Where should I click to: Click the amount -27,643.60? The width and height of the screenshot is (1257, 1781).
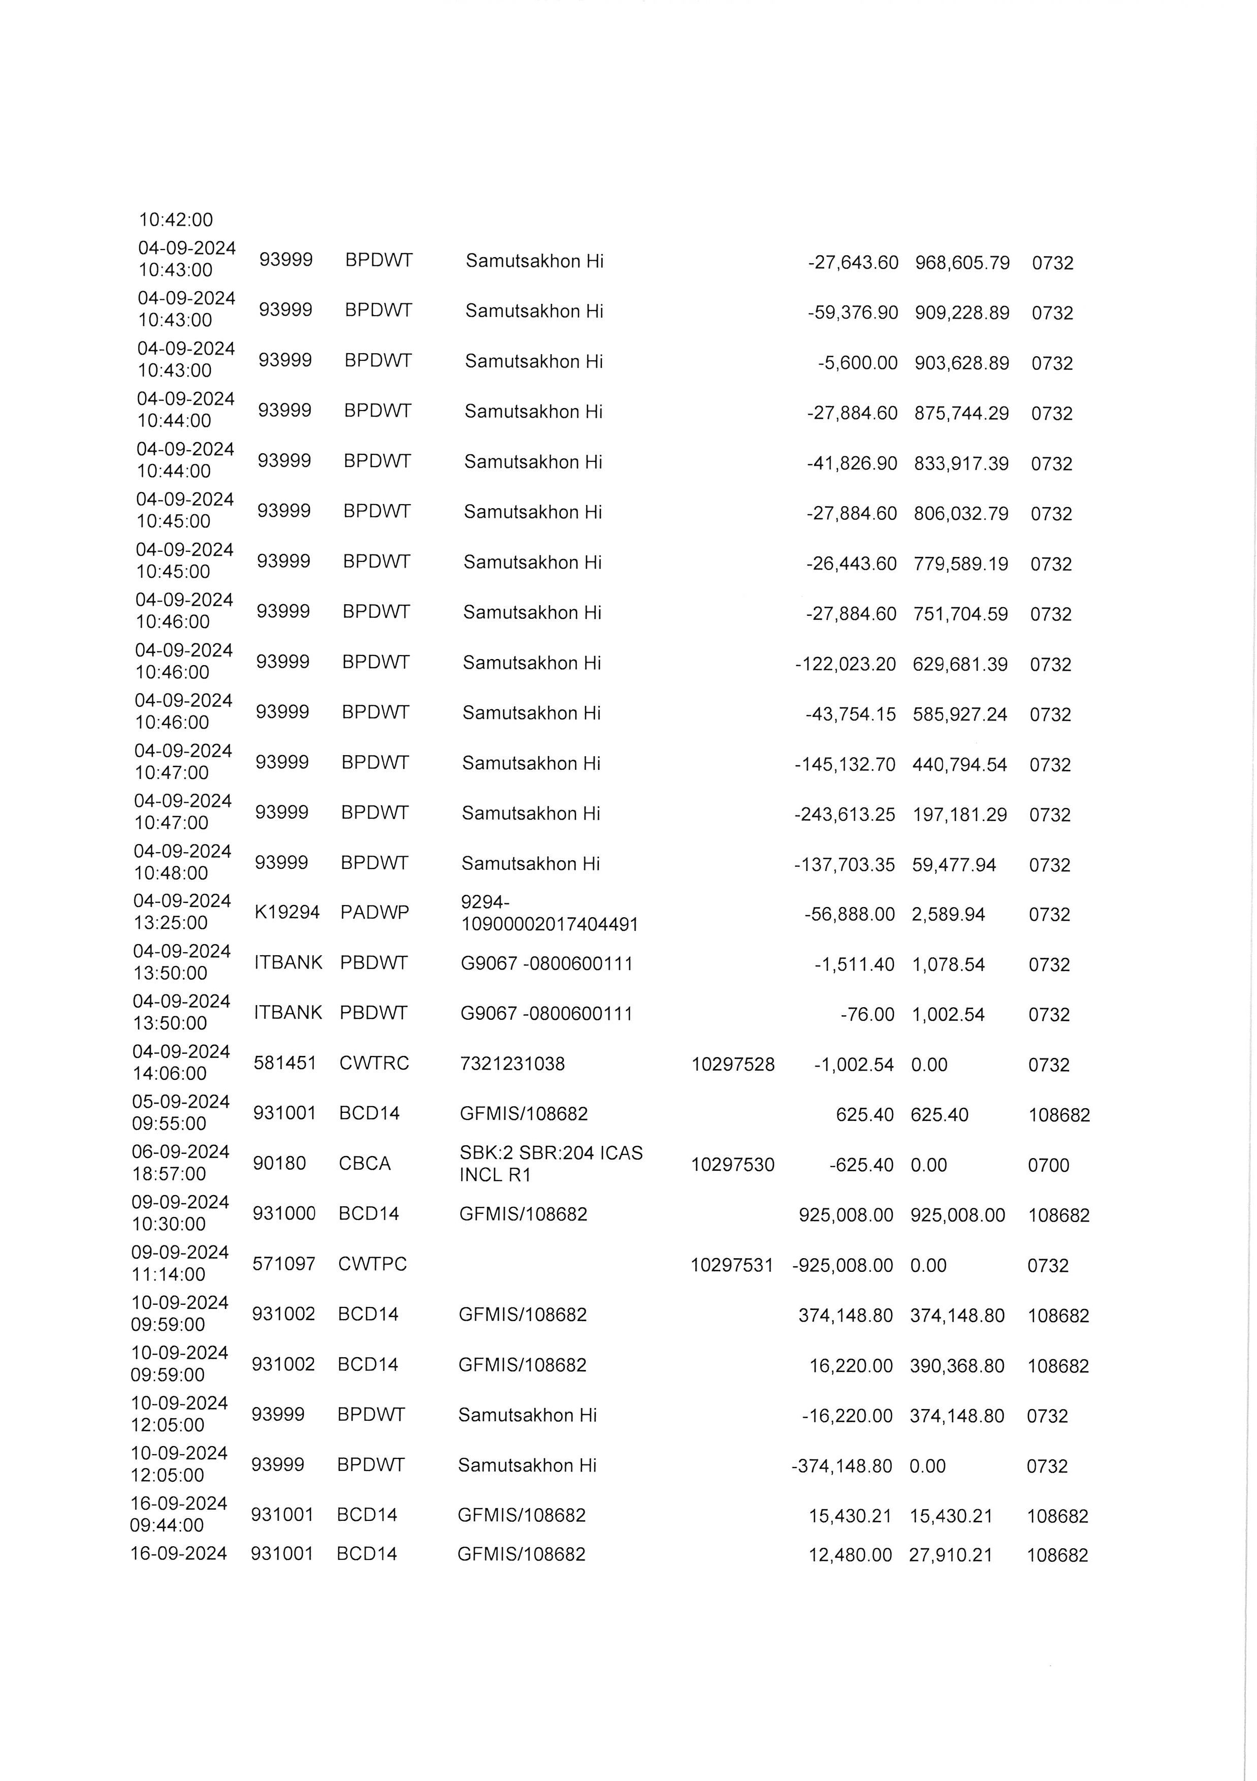click(x=853, y=263)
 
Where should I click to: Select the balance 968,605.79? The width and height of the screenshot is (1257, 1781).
click(x=962, y=263)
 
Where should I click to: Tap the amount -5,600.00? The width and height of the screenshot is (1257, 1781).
click(x=858, y=363)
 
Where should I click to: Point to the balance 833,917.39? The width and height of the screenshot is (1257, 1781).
click(x=961, y=464)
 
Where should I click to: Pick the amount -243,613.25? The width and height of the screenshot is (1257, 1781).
click(x=845, y=815)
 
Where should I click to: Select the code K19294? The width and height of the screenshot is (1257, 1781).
click(x=287, y=912)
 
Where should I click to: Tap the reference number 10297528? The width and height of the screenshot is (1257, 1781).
click(x=733, y=1064)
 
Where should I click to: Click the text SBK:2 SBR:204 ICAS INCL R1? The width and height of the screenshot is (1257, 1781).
click(x=551, y=1164)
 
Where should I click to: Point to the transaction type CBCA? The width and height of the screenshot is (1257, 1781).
click(x=365, y=1164)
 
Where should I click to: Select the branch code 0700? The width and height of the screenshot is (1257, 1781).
click(x=1048, y=1165)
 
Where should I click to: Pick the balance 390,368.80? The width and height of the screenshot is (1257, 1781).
click(x=957, y=1366)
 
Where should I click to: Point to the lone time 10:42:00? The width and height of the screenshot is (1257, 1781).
click(x=175, y=221)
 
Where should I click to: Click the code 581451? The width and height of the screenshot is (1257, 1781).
click(x=284, y=1063)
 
